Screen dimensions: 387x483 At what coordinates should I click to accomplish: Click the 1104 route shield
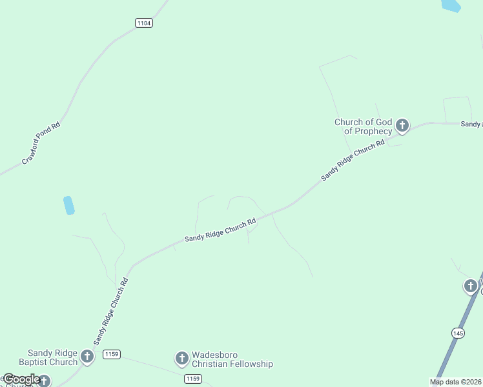[x=144, y=23]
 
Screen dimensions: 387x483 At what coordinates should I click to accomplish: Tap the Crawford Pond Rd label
[x=41, y=143]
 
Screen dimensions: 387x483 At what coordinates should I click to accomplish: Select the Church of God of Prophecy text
[x=363, y=126]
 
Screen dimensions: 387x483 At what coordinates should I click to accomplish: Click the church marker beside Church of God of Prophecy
[x=402, y=125]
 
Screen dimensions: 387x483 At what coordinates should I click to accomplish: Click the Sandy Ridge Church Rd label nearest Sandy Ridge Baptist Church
[x=110, y=311]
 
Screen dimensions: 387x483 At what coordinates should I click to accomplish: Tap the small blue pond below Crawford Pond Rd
[x=68, y=205]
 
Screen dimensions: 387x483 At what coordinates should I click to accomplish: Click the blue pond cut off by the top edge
[x=451, y=5]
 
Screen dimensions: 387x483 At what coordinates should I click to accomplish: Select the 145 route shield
[x=458, y=333]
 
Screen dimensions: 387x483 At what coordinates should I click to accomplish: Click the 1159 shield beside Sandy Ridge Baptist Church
[x=111, y=354]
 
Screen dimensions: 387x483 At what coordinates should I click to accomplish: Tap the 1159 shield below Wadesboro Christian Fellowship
[x=192, y=378]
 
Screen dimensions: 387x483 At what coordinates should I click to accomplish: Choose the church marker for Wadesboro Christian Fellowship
[x=181, y=358]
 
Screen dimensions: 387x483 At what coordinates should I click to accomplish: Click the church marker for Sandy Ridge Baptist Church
[x=87, y=355]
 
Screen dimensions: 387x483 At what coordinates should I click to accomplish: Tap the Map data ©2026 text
[x=455, y=382]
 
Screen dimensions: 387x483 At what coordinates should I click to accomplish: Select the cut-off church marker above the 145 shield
[x=471, y=285]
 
